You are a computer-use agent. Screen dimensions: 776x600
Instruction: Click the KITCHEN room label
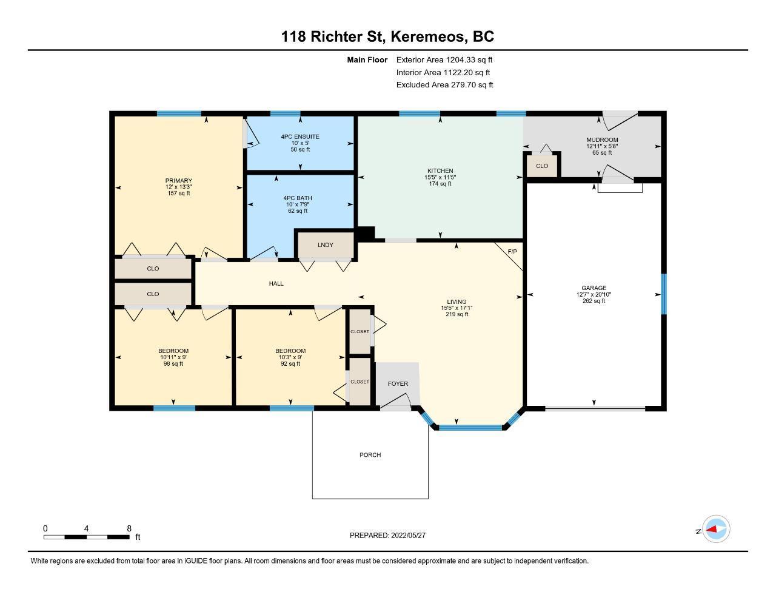440,171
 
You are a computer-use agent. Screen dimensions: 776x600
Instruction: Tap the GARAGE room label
594,288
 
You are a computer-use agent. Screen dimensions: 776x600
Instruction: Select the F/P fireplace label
512,252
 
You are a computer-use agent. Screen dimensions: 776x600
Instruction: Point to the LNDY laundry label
326,244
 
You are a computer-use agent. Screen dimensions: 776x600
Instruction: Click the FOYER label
398,383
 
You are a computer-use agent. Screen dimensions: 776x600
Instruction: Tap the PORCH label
370,455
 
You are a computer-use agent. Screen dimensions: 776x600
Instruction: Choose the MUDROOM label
602,140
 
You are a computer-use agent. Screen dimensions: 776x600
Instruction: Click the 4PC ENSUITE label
300,137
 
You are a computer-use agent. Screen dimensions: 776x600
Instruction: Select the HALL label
276,283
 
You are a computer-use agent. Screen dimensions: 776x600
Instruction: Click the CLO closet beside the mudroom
542,166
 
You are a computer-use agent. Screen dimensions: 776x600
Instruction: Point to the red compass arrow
712,529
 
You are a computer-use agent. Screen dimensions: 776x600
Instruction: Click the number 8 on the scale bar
129,528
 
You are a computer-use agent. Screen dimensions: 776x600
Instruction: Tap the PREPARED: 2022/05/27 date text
387,535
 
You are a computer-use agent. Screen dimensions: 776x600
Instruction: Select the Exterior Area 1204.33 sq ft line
444,59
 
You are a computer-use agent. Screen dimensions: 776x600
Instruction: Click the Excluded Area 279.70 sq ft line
444,85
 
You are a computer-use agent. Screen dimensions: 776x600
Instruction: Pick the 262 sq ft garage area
594,300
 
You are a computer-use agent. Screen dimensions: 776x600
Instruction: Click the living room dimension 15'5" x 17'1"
457,308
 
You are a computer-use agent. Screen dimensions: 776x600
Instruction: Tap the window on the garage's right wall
663,294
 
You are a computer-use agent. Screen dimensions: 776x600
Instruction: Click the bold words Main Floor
367,59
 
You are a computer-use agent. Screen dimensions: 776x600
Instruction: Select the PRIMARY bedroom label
179,180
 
